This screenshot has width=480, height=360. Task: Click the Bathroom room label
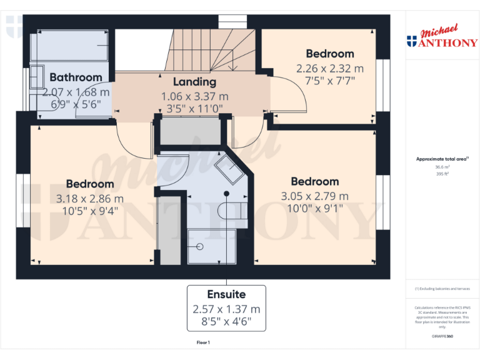tap(76, 77)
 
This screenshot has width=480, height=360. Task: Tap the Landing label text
tap(194, 82)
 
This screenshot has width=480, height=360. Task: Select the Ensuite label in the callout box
tap(226, 294)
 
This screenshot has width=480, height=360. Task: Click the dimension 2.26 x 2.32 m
tap(329, 68)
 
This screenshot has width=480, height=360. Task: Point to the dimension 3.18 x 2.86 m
tap(90, 199)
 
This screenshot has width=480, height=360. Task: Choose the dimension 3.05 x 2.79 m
tap(315, 196)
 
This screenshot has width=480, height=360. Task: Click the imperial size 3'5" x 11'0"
tap(195, 108)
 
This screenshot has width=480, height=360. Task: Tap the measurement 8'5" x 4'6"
tap(226, 323)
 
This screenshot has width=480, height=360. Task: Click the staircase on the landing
tap(212, 50)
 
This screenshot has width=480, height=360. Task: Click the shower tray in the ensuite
tap(211, 247)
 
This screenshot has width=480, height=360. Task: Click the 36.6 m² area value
tap(442, 167)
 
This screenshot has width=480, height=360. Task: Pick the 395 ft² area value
tap(442, 174)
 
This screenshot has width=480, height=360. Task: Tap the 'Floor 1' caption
tap(203, 342)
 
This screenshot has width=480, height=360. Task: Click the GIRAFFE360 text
tap(442, 336)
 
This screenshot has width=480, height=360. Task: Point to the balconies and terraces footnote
tap(442, 289)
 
